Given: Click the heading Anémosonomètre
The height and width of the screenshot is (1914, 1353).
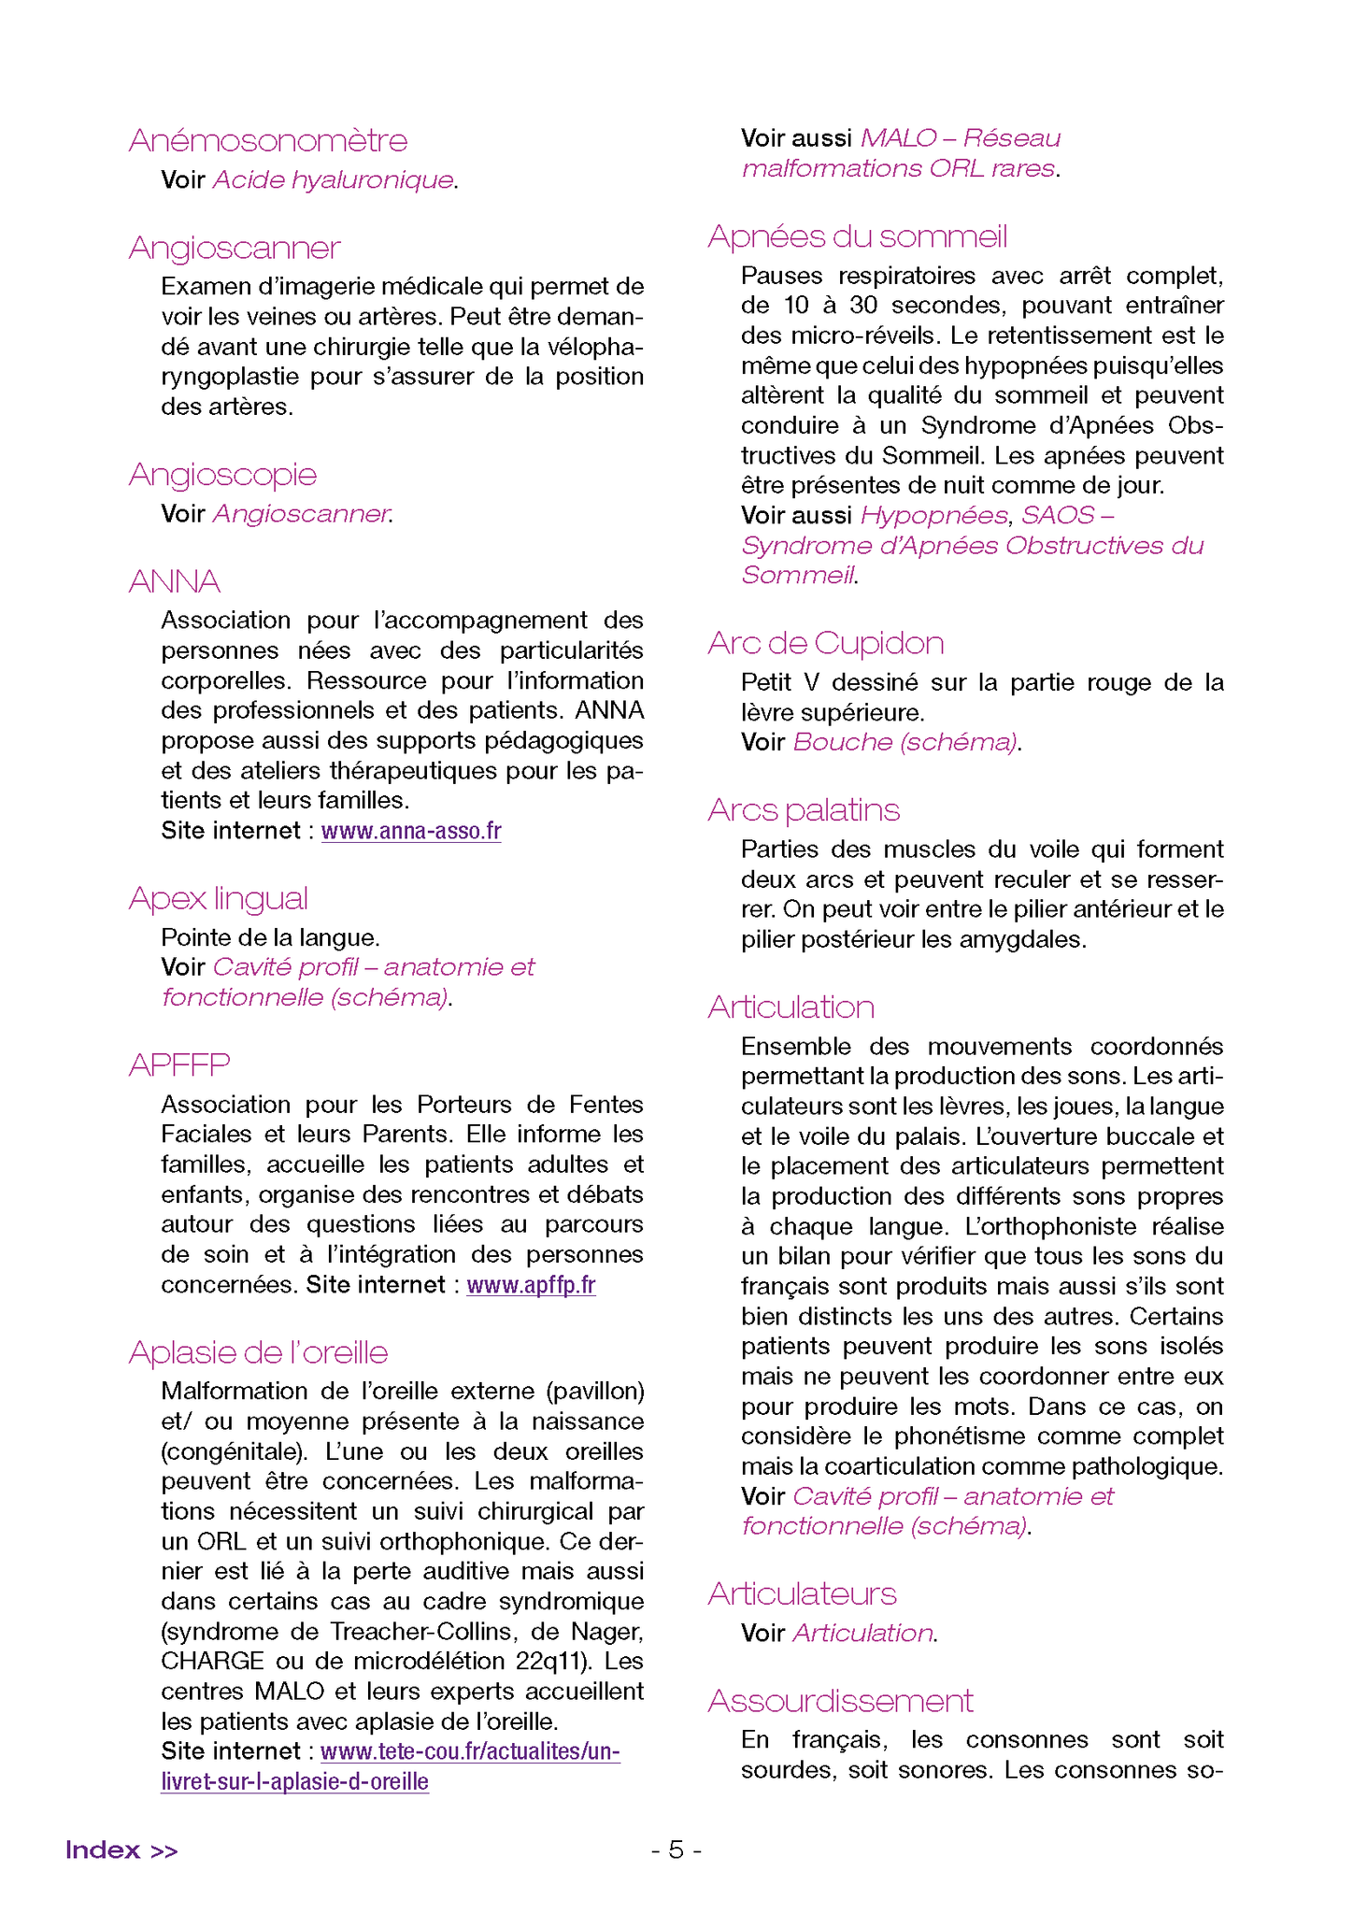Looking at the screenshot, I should (268, 140).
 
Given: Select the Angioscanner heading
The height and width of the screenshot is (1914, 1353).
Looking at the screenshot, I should (235, 248).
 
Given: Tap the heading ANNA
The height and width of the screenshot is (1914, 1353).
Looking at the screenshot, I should (175, 581).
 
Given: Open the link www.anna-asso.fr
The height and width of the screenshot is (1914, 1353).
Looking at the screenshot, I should (411, 831).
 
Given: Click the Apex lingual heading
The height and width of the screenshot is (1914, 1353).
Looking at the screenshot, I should (219, 898).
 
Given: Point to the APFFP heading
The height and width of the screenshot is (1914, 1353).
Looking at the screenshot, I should (179, 1064).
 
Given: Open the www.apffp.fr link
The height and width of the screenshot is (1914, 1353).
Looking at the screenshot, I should (531, 1285).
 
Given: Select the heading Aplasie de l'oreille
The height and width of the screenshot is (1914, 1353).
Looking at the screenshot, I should (259, 1352).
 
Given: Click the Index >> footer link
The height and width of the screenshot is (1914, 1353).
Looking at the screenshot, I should (121, 1850).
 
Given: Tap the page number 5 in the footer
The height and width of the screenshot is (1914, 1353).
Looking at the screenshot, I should (676, 1850).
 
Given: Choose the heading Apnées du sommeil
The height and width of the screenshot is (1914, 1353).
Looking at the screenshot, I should (858, 236).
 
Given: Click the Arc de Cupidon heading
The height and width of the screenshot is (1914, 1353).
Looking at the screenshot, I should (826, 643).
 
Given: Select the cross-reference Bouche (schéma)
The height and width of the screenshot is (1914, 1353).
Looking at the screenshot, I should (904, 742).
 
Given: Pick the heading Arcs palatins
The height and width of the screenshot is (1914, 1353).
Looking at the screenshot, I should (804, 809).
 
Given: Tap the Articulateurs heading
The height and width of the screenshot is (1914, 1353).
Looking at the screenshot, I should (802, 1593).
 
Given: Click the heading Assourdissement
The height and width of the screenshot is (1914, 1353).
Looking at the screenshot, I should (841, 1700).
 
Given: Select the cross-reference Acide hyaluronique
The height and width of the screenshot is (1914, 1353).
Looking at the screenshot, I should (334, 179).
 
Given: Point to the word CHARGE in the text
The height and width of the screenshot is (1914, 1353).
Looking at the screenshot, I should (212, 1661).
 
